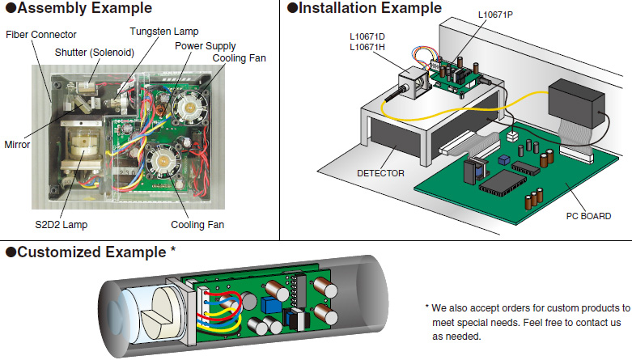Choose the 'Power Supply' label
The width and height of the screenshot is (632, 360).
click(206, 45)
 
